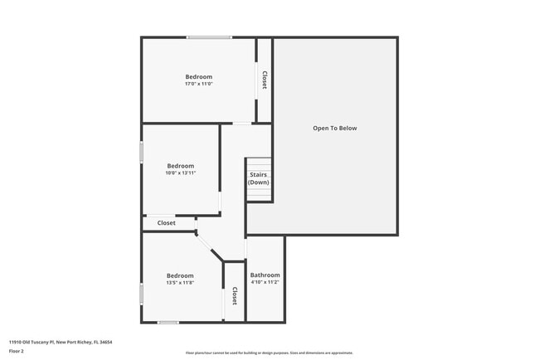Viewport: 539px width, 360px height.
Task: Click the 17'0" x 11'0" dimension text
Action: click(x=199, y=84)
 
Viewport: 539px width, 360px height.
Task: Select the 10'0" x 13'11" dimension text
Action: click(x=181, y=173)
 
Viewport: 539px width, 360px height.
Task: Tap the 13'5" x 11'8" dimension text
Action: click(x=180, y=283)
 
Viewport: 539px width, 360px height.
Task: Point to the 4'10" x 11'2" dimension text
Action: click(x=265, y=282)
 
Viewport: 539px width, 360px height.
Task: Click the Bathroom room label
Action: click(x=265, y=275)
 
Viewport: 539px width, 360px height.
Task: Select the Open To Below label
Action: click(x=334, y=129)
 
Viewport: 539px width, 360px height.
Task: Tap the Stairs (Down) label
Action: click(x=258, y=178)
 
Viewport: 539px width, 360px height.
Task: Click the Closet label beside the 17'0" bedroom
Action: click(x=264, y=80)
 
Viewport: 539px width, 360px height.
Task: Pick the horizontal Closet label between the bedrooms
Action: click(x=167, y=223)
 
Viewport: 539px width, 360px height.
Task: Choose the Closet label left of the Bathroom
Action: click(x=235, y=296)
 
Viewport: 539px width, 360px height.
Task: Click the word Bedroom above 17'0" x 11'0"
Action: click(x=199, y=77)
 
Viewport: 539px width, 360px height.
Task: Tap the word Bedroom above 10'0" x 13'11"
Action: click(x=181, y=165)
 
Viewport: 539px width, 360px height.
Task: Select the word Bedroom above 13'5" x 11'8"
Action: click(x=180, y=275)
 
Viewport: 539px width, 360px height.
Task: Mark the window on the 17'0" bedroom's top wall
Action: click(x=208, y=37)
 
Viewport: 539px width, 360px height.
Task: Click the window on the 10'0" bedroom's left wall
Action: click(x=142, y=153)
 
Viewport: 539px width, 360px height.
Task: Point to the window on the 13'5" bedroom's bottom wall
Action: click(x=168, y=322)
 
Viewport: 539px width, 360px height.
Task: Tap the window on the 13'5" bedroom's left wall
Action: click(x=142, y=293)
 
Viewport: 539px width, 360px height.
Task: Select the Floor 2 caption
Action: click(x=17, y=351)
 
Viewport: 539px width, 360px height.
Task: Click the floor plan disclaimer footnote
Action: click(x=269, y=353)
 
